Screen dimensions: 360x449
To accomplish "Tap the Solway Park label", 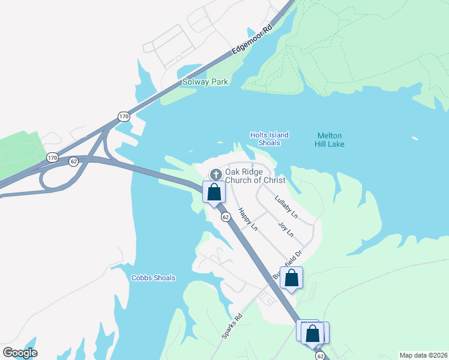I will [x=205, y=82].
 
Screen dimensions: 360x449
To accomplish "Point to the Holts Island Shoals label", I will [x=270, y=139].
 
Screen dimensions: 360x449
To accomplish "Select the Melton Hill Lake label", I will [x=330, y=140].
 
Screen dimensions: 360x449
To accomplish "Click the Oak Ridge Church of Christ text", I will [x=255, y=176].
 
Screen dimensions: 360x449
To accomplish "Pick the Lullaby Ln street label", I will [x=286, y=206].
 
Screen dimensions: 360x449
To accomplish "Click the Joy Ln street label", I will [x=286, y=229].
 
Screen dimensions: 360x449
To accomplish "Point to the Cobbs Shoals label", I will [x=153, y=278].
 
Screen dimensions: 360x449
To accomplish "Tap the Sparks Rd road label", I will [x=232, y=326].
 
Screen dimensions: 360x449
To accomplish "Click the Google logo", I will [x=20, y=352].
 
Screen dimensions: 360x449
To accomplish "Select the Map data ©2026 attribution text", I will [x=423, y=355].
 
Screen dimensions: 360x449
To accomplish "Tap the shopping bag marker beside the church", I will [x=214, y=193].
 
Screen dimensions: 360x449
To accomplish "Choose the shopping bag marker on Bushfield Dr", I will [x=291, y=278].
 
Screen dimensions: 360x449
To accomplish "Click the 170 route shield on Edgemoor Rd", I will [x=124, y=116].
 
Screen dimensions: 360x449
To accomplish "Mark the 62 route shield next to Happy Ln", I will [x=226, y=217].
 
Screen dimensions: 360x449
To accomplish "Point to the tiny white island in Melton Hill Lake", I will [x=415, y=139].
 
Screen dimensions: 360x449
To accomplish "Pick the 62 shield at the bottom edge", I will [x=320, y=356].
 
